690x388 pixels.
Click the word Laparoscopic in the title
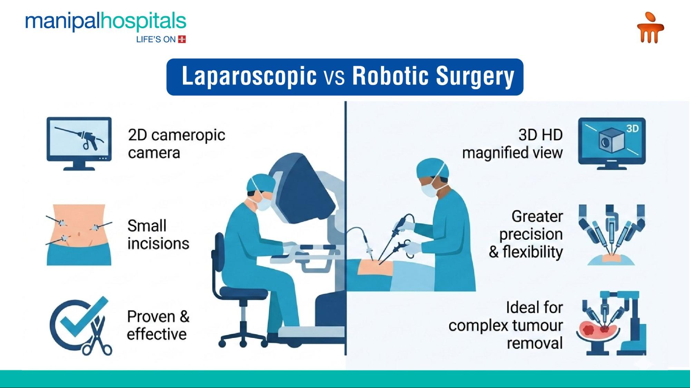coord(249,76)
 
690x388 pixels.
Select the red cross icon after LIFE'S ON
coord(182,39)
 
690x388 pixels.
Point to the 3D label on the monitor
coord(632,129)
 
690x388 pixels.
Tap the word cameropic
coord(188,135)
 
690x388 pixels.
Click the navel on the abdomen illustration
coord(79,234)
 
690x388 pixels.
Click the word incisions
coord(158,244)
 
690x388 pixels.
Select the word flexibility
coord(532,252)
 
